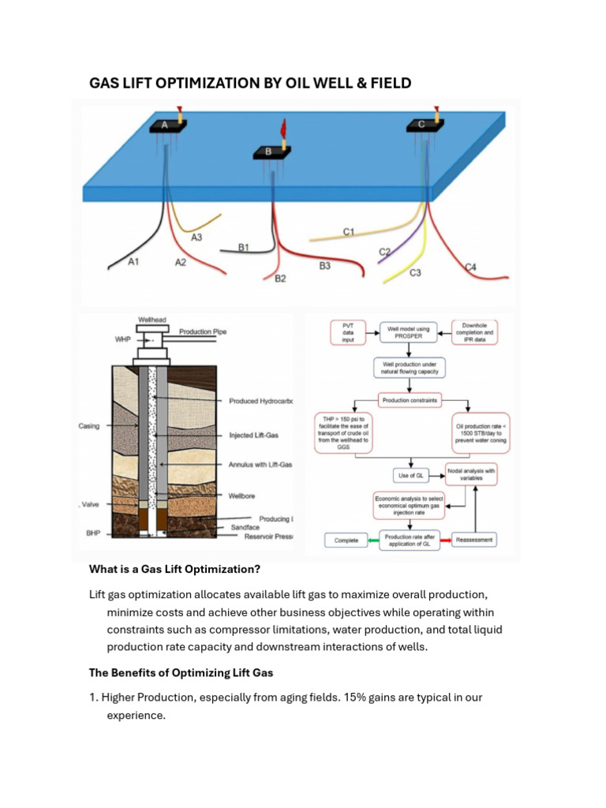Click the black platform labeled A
point(166,125)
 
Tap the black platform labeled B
point(269,151)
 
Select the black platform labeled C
point(421,125)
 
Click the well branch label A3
point(196,237)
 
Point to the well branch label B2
point(279,279)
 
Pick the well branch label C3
point(415,273)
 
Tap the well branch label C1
point(348,231)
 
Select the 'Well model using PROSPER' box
point(408,332)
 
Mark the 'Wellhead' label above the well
point(152,320)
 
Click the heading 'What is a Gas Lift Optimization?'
point(174,569)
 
